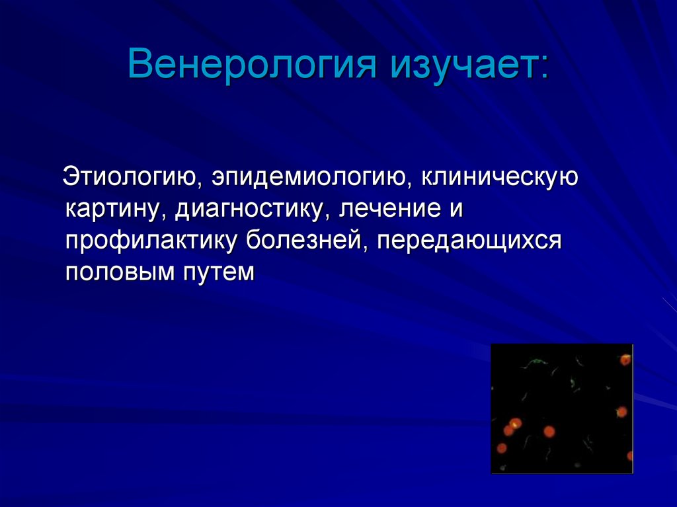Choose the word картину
pyautogui.click(x=115, y=211)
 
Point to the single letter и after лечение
pyautogui.click(x=455, y=211)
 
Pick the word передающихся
pyautogui.click(x=469, y=241)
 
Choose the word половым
pyautogui.click(x=116, y=271)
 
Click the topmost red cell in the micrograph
pyautogui.click(x=625, y=360)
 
